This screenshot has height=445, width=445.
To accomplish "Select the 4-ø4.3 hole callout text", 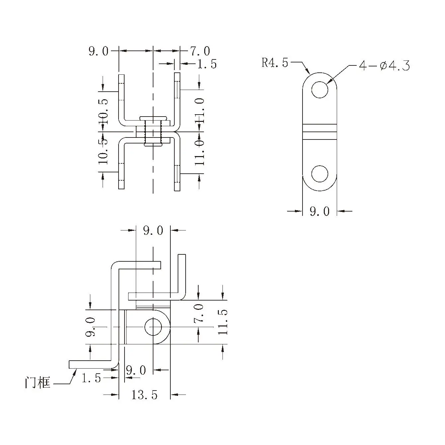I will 384,66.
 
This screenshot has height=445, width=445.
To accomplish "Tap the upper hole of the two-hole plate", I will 320,89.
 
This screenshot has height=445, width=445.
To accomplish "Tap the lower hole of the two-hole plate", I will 320,174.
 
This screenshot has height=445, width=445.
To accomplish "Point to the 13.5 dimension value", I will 144,395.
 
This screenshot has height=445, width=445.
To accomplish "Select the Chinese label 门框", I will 38,383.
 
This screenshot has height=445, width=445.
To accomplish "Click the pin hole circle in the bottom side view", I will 153,327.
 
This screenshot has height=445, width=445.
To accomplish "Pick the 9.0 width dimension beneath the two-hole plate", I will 319,211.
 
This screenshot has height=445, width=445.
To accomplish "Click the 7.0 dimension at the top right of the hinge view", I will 200,51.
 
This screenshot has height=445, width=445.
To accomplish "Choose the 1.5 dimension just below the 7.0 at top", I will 207,64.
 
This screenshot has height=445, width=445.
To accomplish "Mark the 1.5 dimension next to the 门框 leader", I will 91,378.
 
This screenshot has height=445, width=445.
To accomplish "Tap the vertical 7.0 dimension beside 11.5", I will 199,313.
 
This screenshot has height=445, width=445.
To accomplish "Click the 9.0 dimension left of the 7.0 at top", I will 98,51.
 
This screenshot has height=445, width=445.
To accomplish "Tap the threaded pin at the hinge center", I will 153,132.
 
